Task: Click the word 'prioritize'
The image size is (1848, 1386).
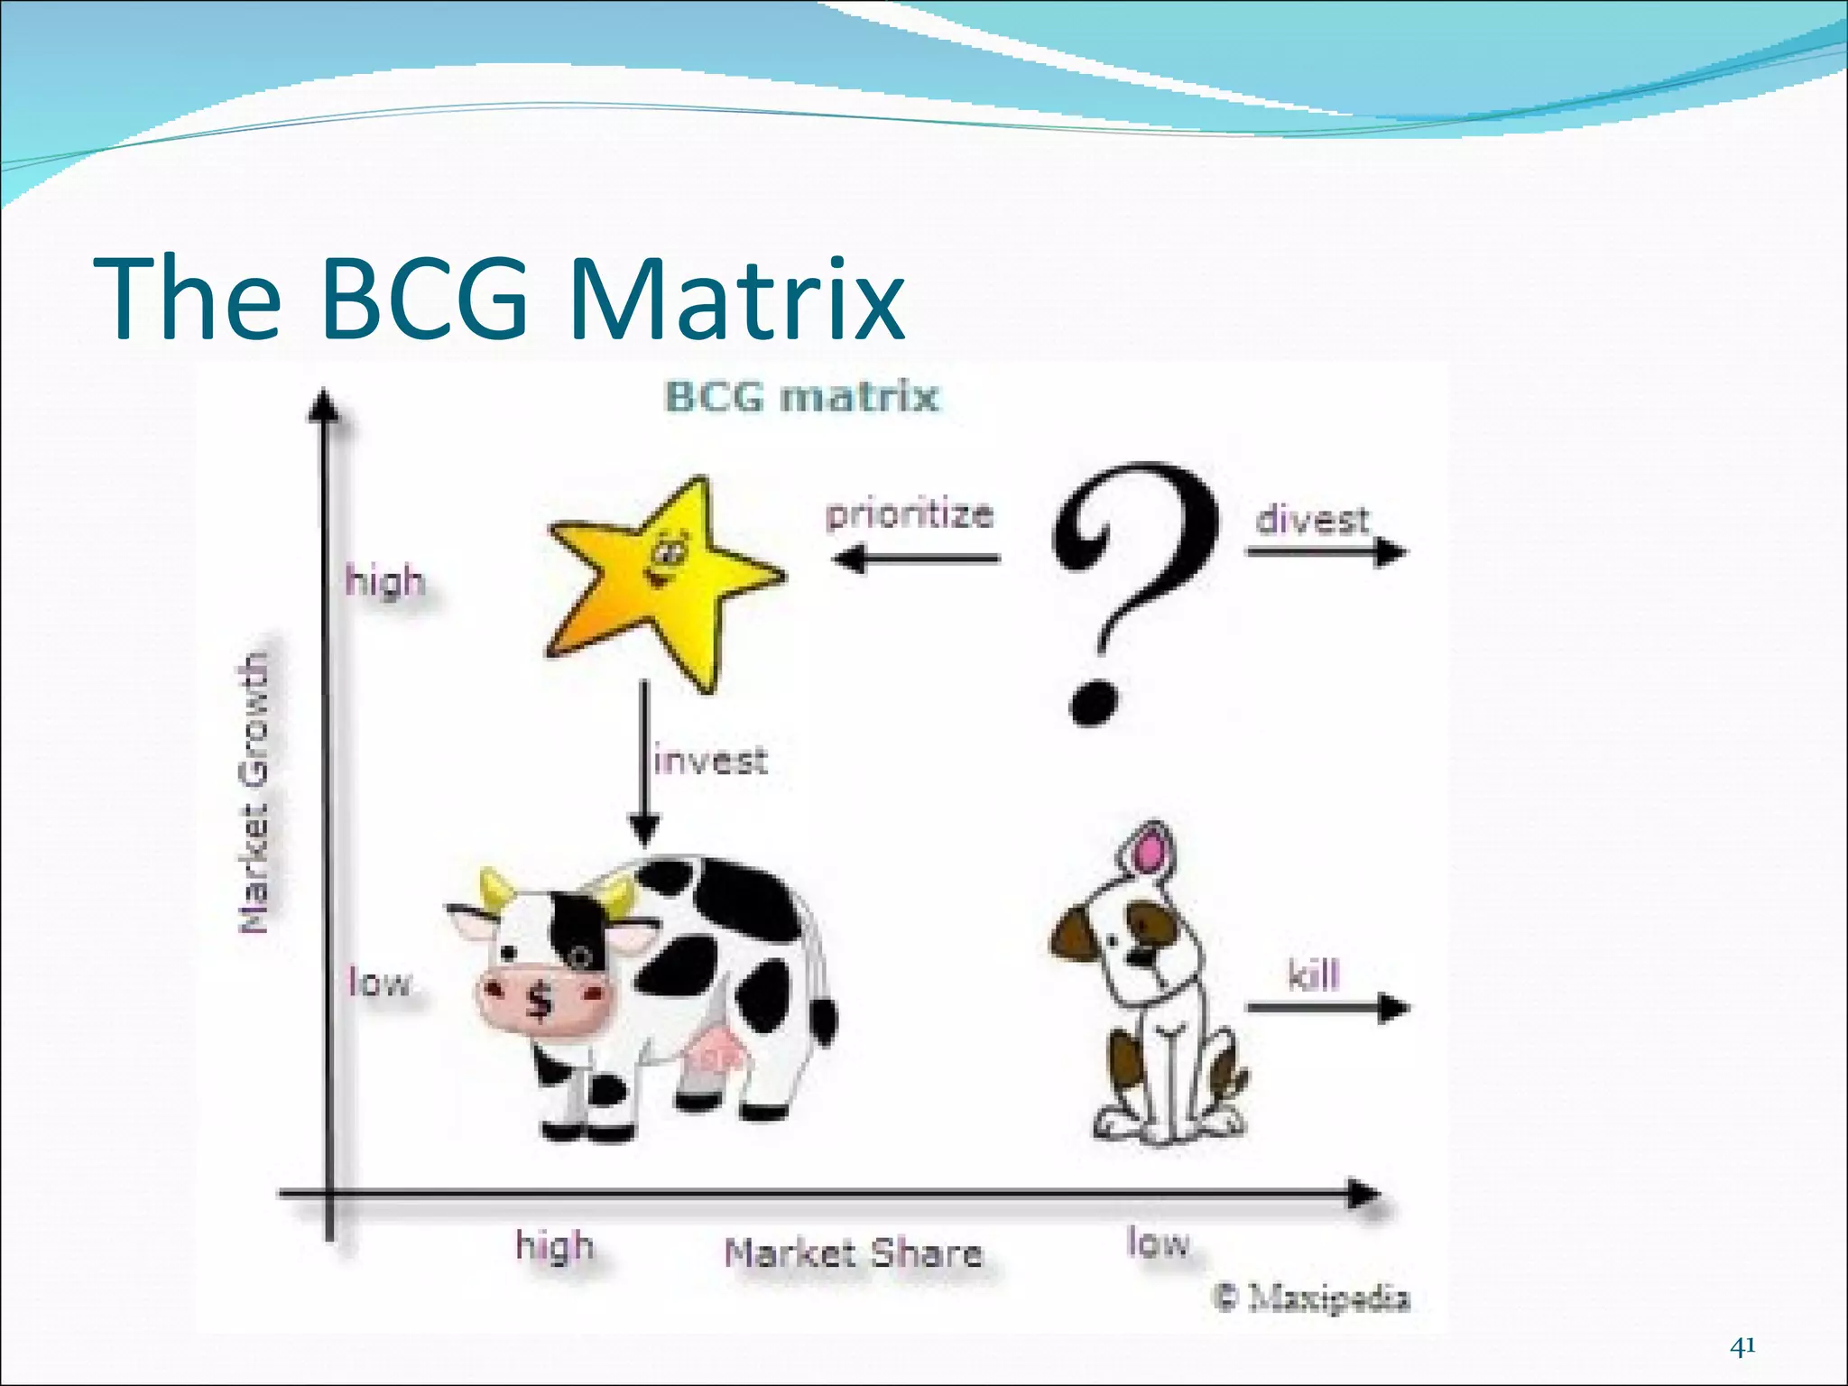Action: (x=910, y=514)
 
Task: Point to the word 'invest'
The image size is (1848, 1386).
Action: (x=711, y=760)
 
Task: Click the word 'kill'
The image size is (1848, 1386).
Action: (x=1313, y=975)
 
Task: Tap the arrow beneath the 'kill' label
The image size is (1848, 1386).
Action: (x=1326, y=1007)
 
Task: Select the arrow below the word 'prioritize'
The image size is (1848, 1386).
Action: (x=916, y=559)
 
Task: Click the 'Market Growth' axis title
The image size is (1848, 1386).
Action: (x=254, y=792)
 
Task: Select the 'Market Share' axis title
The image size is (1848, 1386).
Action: (x=853, y=1253)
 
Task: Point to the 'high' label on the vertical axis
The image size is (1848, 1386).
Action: (x=384, y=580)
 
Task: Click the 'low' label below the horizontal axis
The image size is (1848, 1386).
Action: (x=1159, y=1243)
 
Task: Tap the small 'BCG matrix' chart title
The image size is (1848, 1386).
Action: (x=801, y=397)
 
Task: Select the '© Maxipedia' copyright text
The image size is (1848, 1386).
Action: (x=1312, y=1298)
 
